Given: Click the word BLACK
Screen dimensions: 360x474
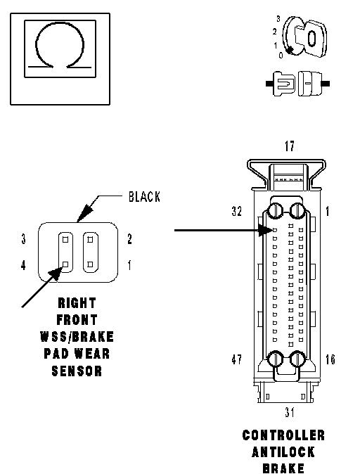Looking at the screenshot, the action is pos(144,197).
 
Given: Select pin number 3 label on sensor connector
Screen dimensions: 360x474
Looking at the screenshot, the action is pos(24,239).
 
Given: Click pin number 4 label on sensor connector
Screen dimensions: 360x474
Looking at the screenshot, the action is pos(23,265).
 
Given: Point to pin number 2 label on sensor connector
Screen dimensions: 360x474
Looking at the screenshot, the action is pos(129,239).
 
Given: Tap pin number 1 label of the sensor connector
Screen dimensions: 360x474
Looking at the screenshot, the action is pos(129,265).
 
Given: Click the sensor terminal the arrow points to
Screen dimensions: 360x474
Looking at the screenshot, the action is pos(65,264).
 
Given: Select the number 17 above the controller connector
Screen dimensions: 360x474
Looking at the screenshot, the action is pos(289,146).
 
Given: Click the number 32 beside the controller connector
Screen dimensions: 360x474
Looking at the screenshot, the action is pos(237,211).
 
